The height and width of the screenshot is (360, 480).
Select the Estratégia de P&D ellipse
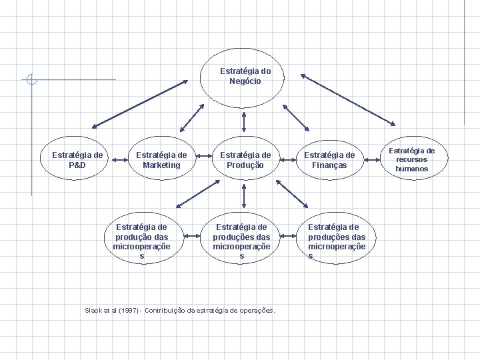coord(77,160)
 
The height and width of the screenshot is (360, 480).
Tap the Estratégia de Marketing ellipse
coord(161,160)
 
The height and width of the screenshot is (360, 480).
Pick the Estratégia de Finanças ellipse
coord(329,160)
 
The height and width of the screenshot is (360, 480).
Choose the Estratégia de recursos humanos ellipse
coord(411,160)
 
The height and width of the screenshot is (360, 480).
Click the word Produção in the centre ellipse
coord(245,165)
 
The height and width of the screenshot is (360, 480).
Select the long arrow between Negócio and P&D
coord(141,104)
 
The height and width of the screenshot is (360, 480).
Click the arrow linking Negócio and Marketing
coord(192,117)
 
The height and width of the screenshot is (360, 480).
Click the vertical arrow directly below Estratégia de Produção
coord(244,196)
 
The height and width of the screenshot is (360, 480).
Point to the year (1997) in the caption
coord(129,310)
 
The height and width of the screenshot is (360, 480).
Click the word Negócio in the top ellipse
coord(245,81)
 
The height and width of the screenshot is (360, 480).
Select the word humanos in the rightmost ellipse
coord(411,169)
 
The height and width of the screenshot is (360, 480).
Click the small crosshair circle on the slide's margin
coord(31,80)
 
